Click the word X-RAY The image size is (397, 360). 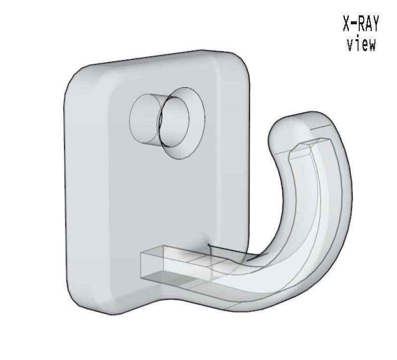(x=361, y=23)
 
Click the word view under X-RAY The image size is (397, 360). (x=361, y=45)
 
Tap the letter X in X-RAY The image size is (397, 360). (x=347, y=23)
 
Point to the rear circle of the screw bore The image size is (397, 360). (x=144, y=119)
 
